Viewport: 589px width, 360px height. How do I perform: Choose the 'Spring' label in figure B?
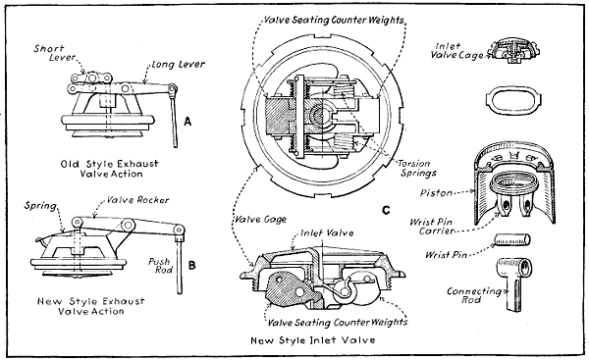tap(43, 207)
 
